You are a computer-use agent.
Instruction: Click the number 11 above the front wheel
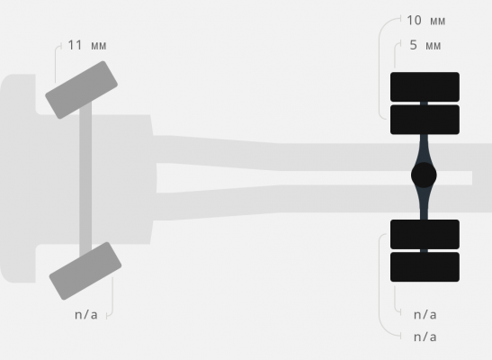point(75,45)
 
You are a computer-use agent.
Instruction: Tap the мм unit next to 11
point(99,46)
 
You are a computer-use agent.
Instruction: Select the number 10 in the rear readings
point(414,21)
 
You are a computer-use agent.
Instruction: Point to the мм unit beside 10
point(437,21)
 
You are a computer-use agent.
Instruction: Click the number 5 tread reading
point(413,45)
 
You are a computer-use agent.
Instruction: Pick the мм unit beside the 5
point(433,46)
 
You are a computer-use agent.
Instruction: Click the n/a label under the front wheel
point(86,314)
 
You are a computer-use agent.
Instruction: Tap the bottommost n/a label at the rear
point(425,337)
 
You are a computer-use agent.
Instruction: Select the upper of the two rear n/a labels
point(425,314)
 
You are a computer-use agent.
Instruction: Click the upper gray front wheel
point(81,90)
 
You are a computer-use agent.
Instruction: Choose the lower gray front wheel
point(85,271)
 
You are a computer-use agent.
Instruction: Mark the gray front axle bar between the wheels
point(85,179)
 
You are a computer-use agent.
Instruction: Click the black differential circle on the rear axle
point(424,175)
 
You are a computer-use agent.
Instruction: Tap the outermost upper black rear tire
point(425,87)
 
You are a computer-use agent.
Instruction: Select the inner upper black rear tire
point(425,120)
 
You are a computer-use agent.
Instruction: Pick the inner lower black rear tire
point(425,235)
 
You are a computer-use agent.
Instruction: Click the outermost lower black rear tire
point(425,266)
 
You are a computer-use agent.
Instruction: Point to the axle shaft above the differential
point(424,148)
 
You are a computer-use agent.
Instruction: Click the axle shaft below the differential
point(424,203)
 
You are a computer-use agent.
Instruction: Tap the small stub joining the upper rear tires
point(424,103)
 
